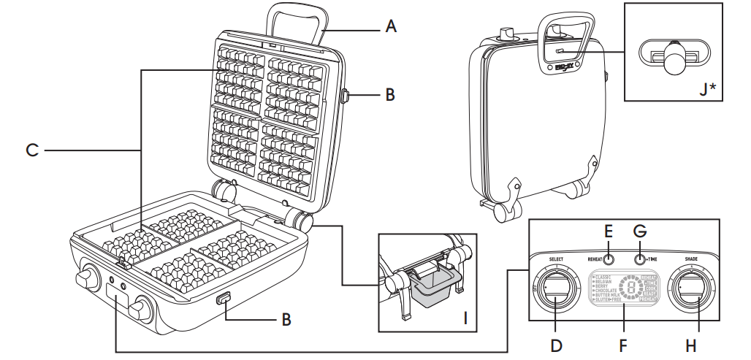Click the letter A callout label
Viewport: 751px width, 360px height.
tap(392, 27)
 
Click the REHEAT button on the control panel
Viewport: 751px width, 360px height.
tap(608, 259)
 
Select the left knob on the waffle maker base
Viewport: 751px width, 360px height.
tap(85, 278)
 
